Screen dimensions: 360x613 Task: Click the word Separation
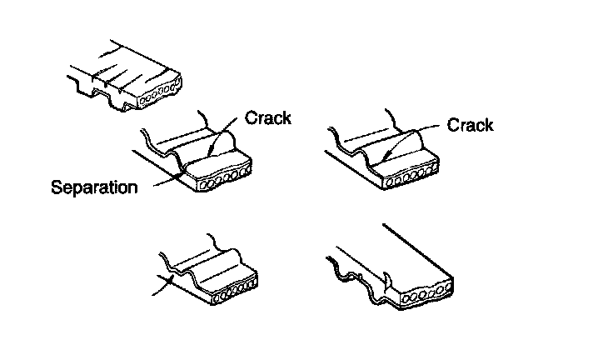click(x=94, y=187)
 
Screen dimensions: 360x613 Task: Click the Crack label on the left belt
click(x=268, y=117)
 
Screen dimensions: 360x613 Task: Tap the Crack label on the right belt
click(x=470, y=125)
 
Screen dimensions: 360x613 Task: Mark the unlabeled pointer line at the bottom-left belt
click(x=163, y=287)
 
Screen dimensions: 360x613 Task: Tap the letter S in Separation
click(x=56, y=187)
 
